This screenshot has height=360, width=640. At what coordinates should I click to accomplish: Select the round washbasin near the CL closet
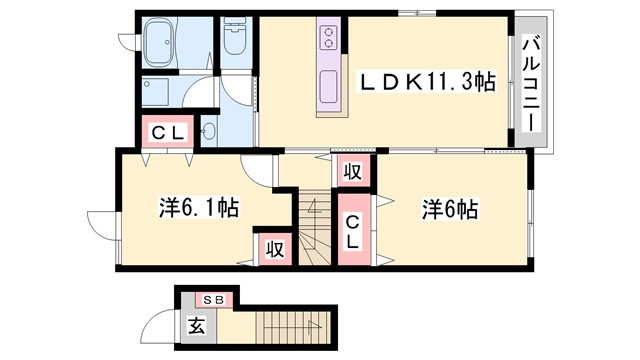coord(210,131)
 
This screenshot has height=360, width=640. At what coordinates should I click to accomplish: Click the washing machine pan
coord(160,95)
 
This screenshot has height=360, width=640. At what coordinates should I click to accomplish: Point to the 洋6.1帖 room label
coord(197,209)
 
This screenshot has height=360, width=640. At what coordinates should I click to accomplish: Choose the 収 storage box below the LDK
coord(352,171)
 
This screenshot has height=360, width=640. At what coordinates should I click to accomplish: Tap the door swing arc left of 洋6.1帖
coord(101,224)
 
